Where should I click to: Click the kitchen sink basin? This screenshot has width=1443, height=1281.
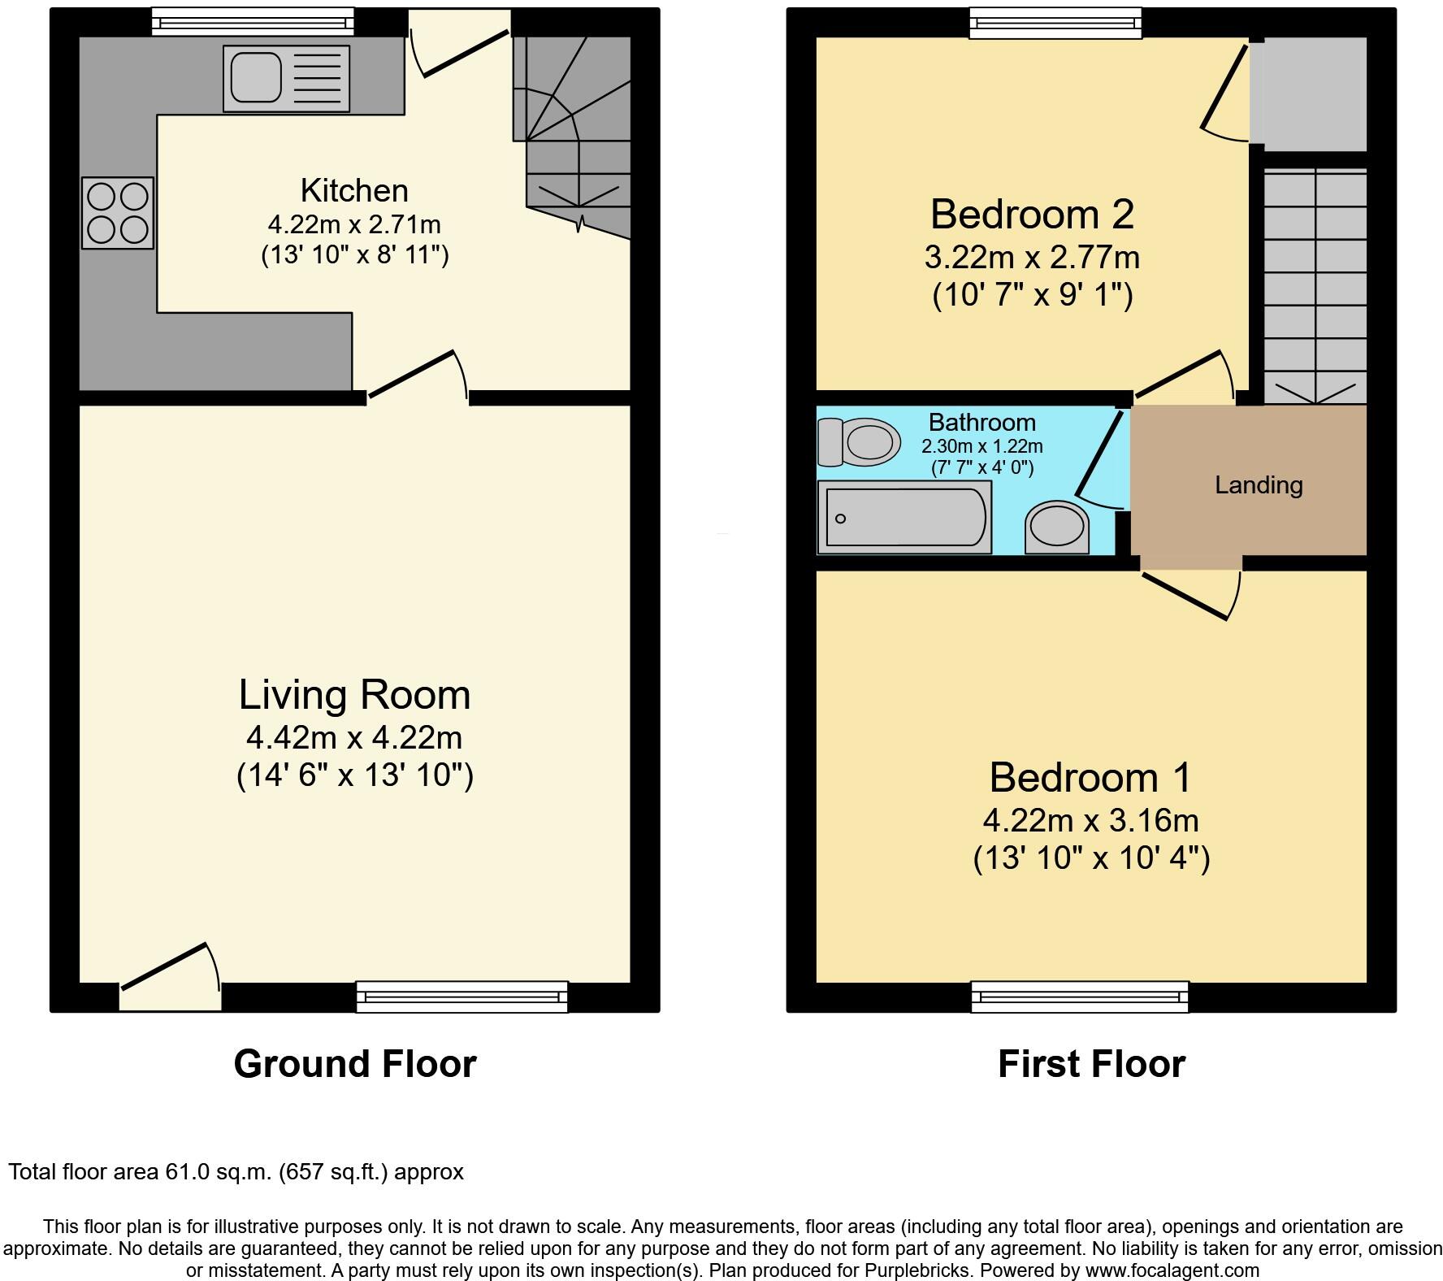coord(254,78)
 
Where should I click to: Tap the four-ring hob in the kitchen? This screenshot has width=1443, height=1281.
coord(118,213)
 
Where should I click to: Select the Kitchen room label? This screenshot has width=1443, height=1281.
coord(354,191)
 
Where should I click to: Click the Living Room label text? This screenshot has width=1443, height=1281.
coord(354,696)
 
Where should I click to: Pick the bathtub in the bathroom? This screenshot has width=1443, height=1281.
coord(904,517)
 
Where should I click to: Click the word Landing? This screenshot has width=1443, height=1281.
coord(1259,485)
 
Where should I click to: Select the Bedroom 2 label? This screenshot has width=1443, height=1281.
coord(1032,215)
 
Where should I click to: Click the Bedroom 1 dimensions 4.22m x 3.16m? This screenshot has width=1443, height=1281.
coord(1090,821)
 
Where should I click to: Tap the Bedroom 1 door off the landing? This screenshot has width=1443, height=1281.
coord(1191,593)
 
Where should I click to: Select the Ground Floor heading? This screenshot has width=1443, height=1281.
coord(354,1064)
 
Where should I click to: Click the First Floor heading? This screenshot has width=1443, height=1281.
coord(1091,1064)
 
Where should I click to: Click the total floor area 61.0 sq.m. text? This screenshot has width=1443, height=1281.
coord(236,1172)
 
